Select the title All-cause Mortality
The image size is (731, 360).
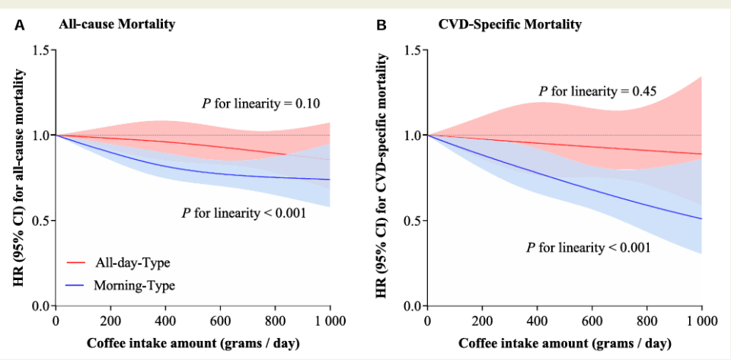[x=117, y=24]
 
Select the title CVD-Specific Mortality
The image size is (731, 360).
[x=509, y=24]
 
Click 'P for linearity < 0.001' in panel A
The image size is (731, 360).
[x=243, y=213]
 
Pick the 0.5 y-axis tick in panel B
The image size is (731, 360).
[x=411, y=221]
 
